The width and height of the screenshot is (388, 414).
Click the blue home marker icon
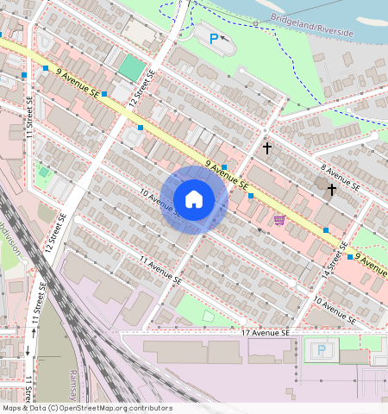[x=194, y=199]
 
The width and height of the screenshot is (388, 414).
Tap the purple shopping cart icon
[x=278, y=220]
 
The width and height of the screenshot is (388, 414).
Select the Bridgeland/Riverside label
[x=312, y=25]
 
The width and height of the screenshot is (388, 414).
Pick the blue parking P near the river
[x=213, y=37]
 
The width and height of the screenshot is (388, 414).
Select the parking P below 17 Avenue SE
[x=322, y=350]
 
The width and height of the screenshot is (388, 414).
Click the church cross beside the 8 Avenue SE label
[x=332, y=189]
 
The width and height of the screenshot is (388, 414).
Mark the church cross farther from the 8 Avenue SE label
[x=267, y=148]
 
